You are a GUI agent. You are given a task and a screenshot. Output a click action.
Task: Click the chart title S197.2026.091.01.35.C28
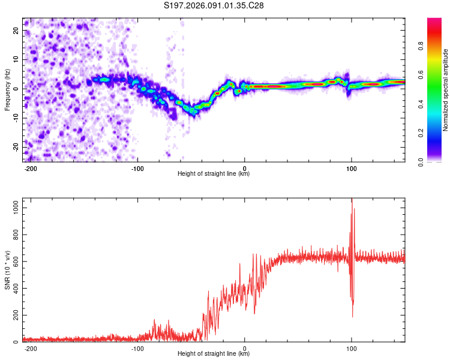tap(214, 5)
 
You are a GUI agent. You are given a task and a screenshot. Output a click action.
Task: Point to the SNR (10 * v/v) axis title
tap(7, 270)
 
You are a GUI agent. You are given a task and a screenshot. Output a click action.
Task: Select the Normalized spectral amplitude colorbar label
tap(446, 90)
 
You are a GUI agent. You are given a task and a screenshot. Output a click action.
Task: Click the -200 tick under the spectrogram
tap(31, 168)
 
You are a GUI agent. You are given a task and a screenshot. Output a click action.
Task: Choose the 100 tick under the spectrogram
tap(351, 168)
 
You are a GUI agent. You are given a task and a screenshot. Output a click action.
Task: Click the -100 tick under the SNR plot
tap(137, 348)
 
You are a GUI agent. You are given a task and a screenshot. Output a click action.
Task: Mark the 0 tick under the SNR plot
tap(245, 348)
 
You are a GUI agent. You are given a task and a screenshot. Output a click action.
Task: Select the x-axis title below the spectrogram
tap(214, 174)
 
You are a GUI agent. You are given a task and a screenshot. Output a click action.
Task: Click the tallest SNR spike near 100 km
tap(352, 200)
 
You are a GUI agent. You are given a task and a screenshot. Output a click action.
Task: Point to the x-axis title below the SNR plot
tap(214, 354)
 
